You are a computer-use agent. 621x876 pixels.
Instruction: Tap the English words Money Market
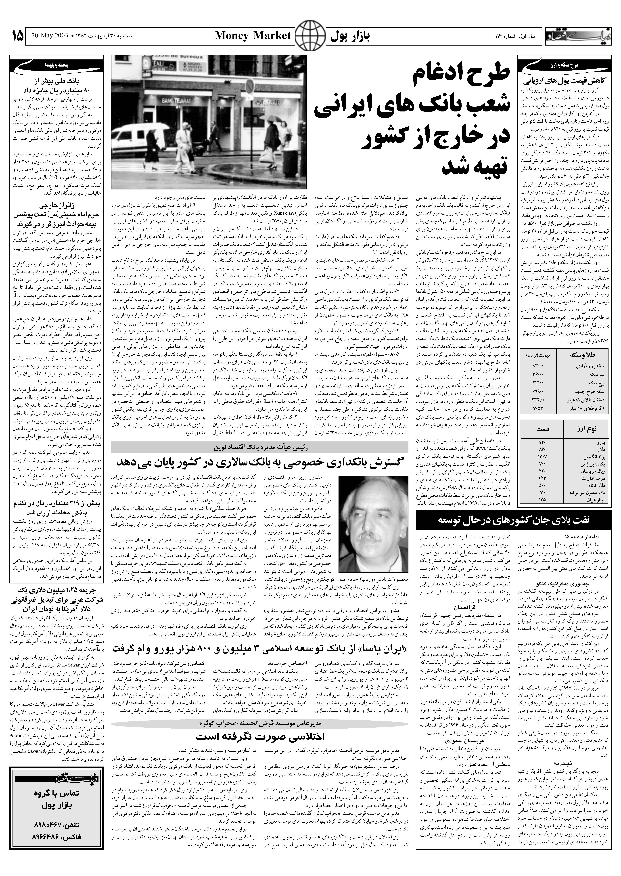253,36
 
